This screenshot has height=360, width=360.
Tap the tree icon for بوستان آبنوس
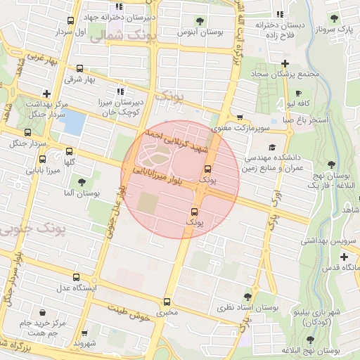200,20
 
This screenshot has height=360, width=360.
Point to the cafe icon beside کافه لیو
299,94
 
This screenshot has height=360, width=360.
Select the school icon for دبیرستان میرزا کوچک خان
120,91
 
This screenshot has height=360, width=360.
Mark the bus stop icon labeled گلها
69,151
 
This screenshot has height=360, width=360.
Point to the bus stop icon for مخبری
167,300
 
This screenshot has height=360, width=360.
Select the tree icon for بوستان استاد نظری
247,297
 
